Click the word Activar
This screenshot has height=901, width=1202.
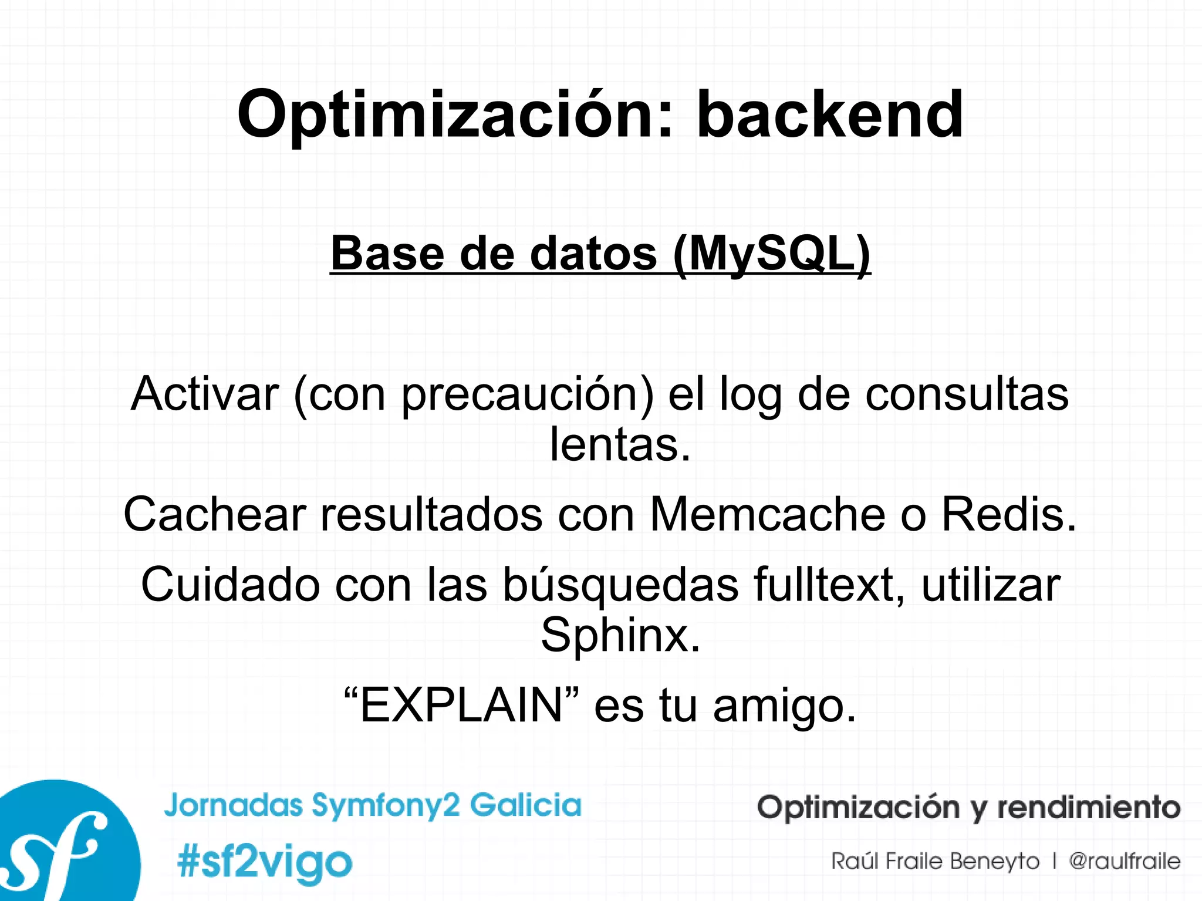tap(205, 394)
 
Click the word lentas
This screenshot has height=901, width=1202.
tap(619, 444)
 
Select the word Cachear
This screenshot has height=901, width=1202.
tap(215, 514)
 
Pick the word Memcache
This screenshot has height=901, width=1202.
tap(767, 514)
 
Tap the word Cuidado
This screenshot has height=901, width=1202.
tap(230, 585)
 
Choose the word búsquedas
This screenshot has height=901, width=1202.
tap(620, 586)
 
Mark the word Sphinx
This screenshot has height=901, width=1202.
tap(620, 635)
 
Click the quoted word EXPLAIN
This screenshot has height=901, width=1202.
tap(461, 705)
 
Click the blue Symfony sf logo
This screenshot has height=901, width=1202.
tap(59, 845)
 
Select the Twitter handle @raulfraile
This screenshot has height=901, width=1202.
tap(1124, 861)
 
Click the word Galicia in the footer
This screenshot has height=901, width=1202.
tap(525, 804)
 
